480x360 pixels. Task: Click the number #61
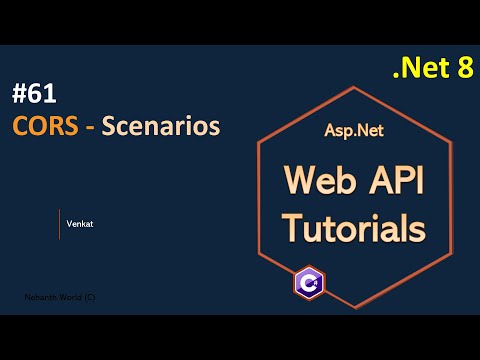(x=36, y=95)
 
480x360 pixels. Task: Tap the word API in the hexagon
(x=399, y=181)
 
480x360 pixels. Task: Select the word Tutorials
(x=353, y=228)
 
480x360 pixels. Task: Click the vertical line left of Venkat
(x=59, y=224)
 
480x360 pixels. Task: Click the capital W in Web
(x=301, y=181)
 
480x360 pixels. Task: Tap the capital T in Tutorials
(x=291, y=227)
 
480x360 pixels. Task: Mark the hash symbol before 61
(x=20, y=95)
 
